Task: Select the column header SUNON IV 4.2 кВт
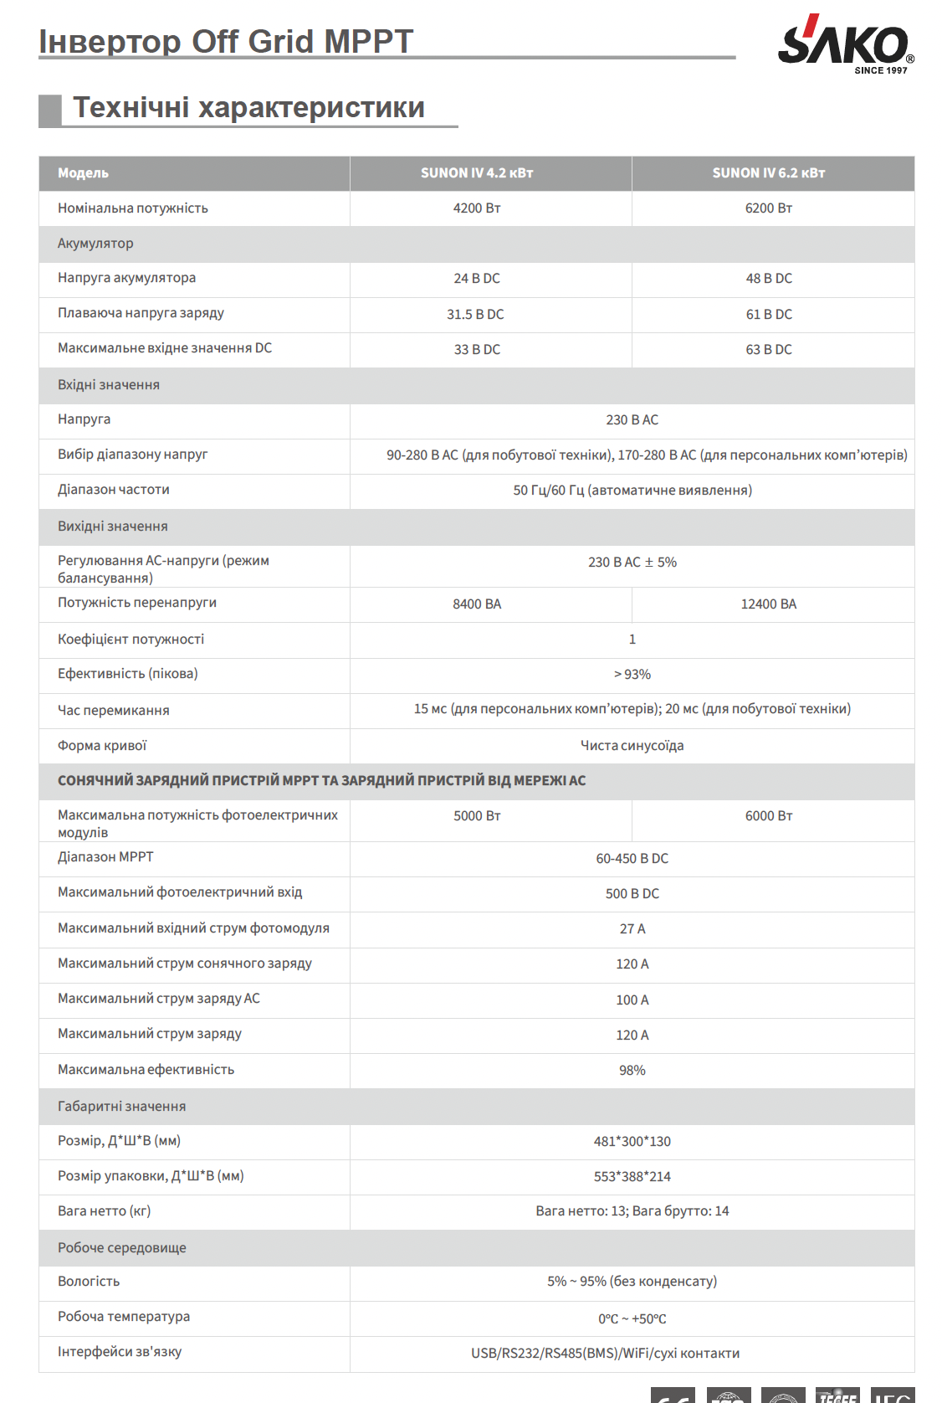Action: [x=476, y=173]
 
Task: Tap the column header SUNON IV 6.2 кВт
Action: [x=768, y=173]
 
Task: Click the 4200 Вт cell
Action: [x=476, y=208]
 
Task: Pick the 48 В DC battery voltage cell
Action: [x=768, y=279]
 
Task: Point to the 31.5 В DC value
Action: [x=475, y=315]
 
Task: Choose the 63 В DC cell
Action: [x=768, y=350]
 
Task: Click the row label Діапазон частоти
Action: [x=114, y=490]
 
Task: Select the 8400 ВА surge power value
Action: [x=477, y=604]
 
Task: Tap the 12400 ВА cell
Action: [x=768, y=604]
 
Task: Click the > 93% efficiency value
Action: [x=632, y=675]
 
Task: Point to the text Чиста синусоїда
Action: [x=632, y=746]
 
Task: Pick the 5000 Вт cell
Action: [x=477, y=816]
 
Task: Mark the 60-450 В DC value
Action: [x=632, y=859]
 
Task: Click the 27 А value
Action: [x=632, y=929]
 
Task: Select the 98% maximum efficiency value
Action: [x=632, y=1071]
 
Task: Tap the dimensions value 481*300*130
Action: [x=632, y=1142]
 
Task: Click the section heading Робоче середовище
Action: [x=122, y=1248]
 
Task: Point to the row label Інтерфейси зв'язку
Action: [x=120, y=1352]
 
